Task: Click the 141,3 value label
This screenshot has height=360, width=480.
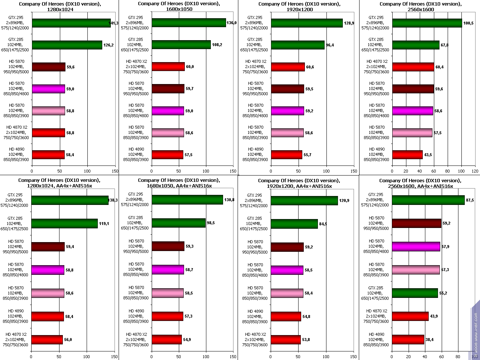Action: (x=113, y=23)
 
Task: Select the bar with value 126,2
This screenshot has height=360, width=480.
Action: (x=67, y=45)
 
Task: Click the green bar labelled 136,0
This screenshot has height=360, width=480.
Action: (x=189, y=23)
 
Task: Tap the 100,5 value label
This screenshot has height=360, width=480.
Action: (x=468, y=23)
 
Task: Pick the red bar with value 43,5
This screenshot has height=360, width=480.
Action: (x=407, y=155)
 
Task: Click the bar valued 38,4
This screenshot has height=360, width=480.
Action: (x=408, y=340)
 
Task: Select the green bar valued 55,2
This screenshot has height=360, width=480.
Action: (x=415, y=293)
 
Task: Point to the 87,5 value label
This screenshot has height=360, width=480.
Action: (x=470, y=200)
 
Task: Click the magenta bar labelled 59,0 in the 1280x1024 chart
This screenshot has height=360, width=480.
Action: (x=48, y=89)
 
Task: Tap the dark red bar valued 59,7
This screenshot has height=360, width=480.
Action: (x=168, y=89)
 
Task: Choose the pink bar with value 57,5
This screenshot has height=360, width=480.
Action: (x=412, y=133)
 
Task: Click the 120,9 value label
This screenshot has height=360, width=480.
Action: (x=344, y=200)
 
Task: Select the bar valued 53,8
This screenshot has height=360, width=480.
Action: (x=286, y=340)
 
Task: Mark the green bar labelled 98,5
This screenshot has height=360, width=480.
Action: (x=178, y=223)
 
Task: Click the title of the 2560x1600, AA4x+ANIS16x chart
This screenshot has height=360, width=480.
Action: (x=420, y=183)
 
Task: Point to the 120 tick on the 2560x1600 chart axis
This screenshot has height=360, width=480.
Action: (x=475, y=171)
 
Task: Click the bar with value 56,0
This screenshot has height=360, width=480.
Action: (x=47, y=340)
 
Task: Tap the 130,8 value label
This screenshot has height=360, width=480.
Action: (x=229, y=200)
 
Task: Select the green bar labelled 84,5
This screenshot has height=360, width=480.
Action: (x=294, y=224)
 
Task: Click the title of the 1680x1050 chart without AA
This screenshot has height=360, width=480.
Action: (x=179, y=6)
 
